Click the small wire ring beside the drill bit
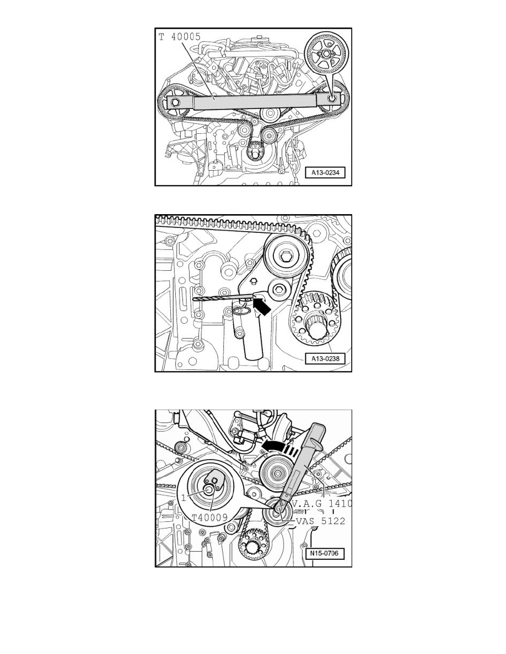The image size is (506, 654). pos(240,312)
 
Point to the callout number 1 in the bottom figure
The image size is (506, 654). pos(182,498)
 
